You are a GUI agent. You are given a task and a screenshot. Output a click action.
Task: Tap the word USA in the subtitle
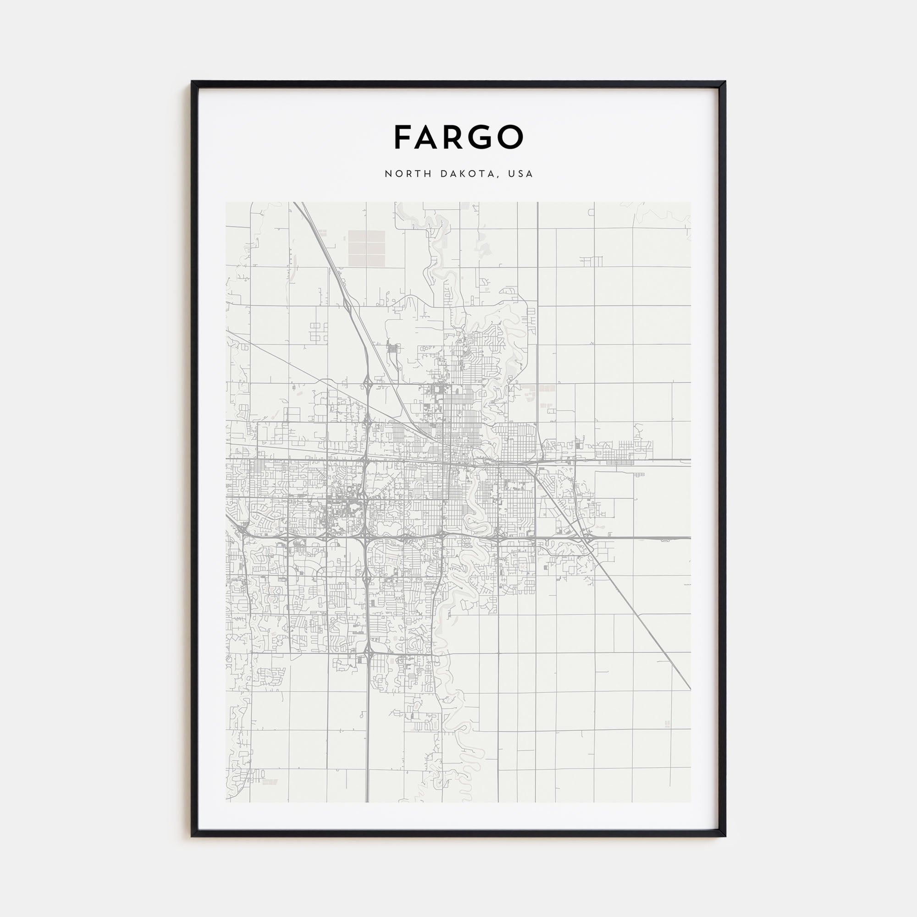point(521,174)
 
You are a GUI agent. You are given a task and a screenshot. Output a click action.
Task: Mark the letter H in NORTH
point(429,174)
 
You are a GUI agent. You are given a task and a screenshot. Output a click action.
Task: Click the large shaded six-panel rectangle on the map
point(368,248)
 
